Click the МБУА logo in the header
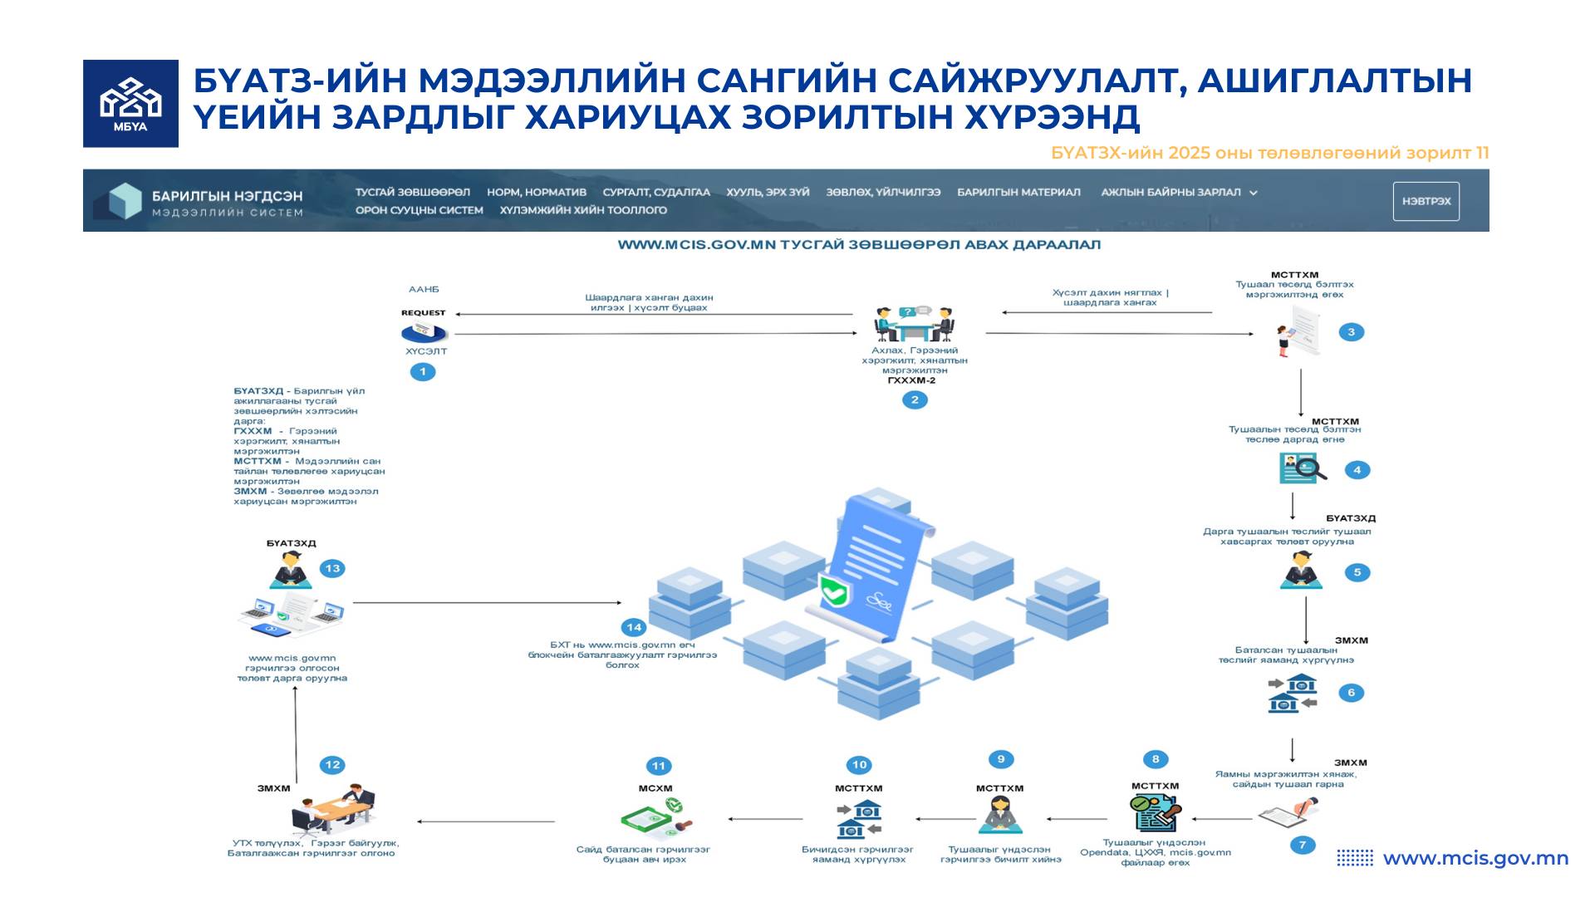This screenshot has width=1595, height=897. pos(130,104)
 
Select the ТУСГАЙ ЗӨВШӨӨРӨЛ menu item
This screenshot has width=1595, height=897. pos(412,192)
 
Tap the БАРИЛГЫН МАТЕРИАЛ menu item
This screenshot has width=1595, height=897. pos(1018,192)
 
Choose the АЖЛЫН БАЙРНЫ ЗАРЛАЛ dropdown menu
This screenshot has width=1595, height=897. pos(1178,192)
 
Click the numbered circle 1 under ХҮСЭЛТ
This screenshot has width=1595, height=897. pos(423,371)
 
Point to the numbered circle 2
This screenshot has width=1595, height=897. pos(915,399)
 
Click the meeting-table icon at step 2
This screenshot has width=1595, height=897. pos(914,325)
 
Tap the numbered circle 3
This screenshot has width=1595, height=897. pos(1351,332)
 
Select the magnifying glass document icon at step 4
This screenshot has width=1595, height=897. pos(1302,468)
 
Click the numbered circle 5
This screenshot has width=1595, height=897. pos(1357,572)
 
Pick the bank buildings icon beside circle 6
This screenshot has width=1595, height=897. pos(1293,693)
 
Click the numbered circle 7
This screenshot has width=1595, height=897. pos(1302,845)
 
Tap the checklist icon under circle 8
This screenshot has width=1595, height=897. pos(1155,812)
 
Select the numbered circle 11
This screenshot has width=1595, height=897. pos(658,766)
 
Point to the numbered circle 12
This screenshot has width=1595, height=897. pos(332,765)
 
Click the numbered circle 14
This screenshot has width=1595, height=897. pos(634,627)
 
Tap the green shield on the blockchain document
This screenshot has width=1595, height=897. pos(833,590)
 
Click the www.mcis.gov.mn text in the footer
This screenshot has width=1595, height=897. pos(1475,858)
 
